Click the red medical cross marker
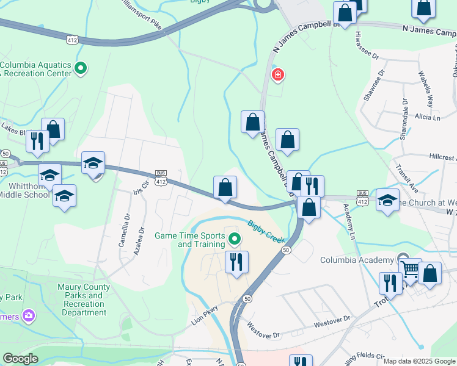278,75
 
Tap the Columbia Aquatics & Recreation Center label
37,69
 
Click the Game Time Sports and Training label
189,240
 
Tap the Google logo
21,359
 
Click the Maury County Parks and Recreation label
84,300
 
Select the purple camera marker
27,315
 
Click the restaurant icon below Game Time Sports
235,262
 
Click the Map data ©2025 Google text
419,361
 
